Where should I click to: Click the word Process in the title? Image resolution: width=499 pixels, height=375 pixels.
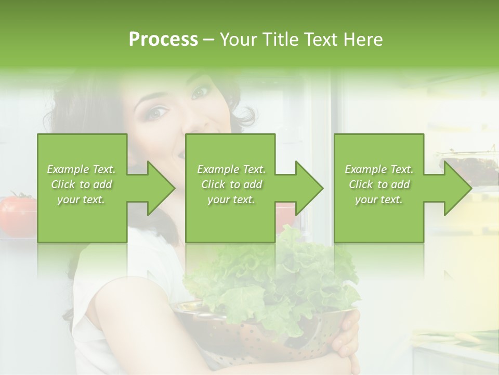click(x=163, y=40)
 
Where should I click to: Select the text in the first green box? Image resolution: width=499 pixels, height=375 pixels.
click(x=81, y=184)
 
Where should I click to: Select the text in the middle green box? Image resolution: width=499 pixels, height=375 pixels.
click(x=231, y=184)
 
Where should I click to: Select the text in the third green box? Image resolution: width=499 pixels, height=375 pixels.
click(x=378, y=184)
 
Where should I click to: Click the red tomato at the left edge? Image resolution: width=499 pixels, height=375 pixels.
click(x=16, y=214)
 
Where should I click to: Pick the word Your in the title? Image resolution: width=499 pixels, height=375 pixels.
click(x=240, y=40)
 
